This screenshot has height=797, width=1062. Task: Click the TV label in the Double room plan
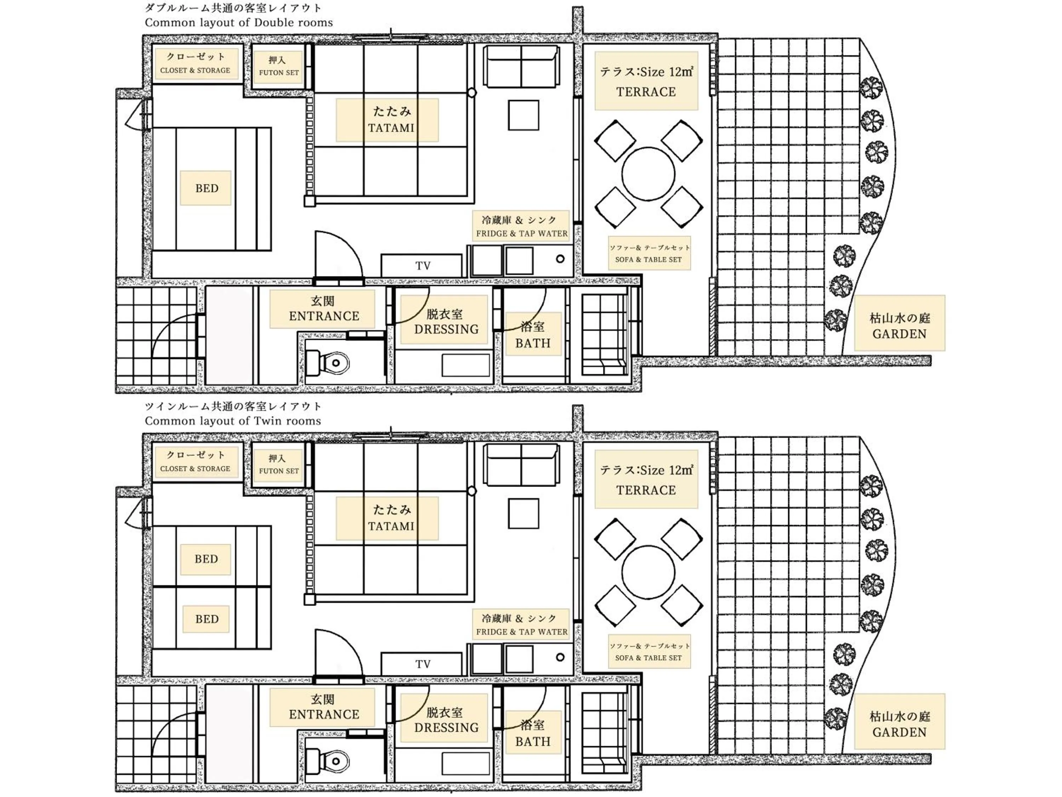coord(422,266)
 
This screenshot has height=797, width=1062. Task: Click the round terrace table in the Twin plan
coord(648,572)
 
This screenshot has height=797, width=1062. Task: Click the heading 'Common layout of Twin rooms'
coord(233,421)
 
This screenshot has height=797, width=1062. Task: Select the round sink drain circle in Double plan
coord(560,259)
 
